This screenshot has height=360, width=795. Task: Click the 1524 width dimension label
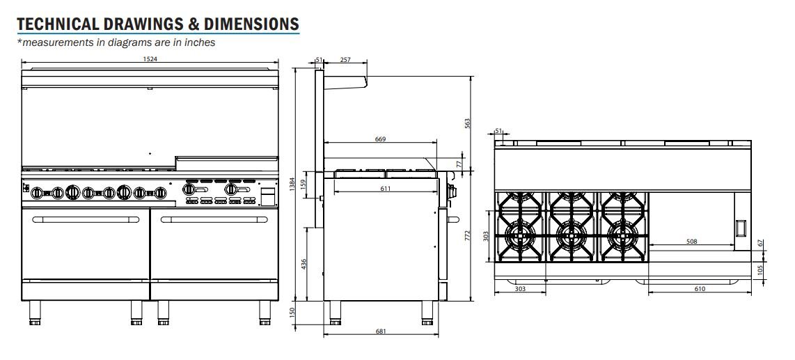(150, 58)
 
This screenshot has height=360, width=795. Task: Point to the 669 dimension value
(380, 139)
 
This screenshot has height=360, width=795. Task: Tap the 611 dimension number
(386, 189)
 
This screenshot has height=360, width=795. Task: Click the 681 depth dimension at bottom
(381, 331)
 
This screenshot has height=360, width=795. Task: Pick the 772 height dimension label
(468, 235)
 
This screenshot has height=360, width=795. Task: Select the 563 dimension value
(468, 124)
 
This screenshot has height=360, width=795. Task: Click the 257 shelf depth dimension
(345, 59)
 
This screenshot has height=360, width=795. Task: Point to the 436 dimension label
(304, 264)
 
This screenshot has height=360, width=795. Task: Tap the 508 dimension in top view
(691, 242)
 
